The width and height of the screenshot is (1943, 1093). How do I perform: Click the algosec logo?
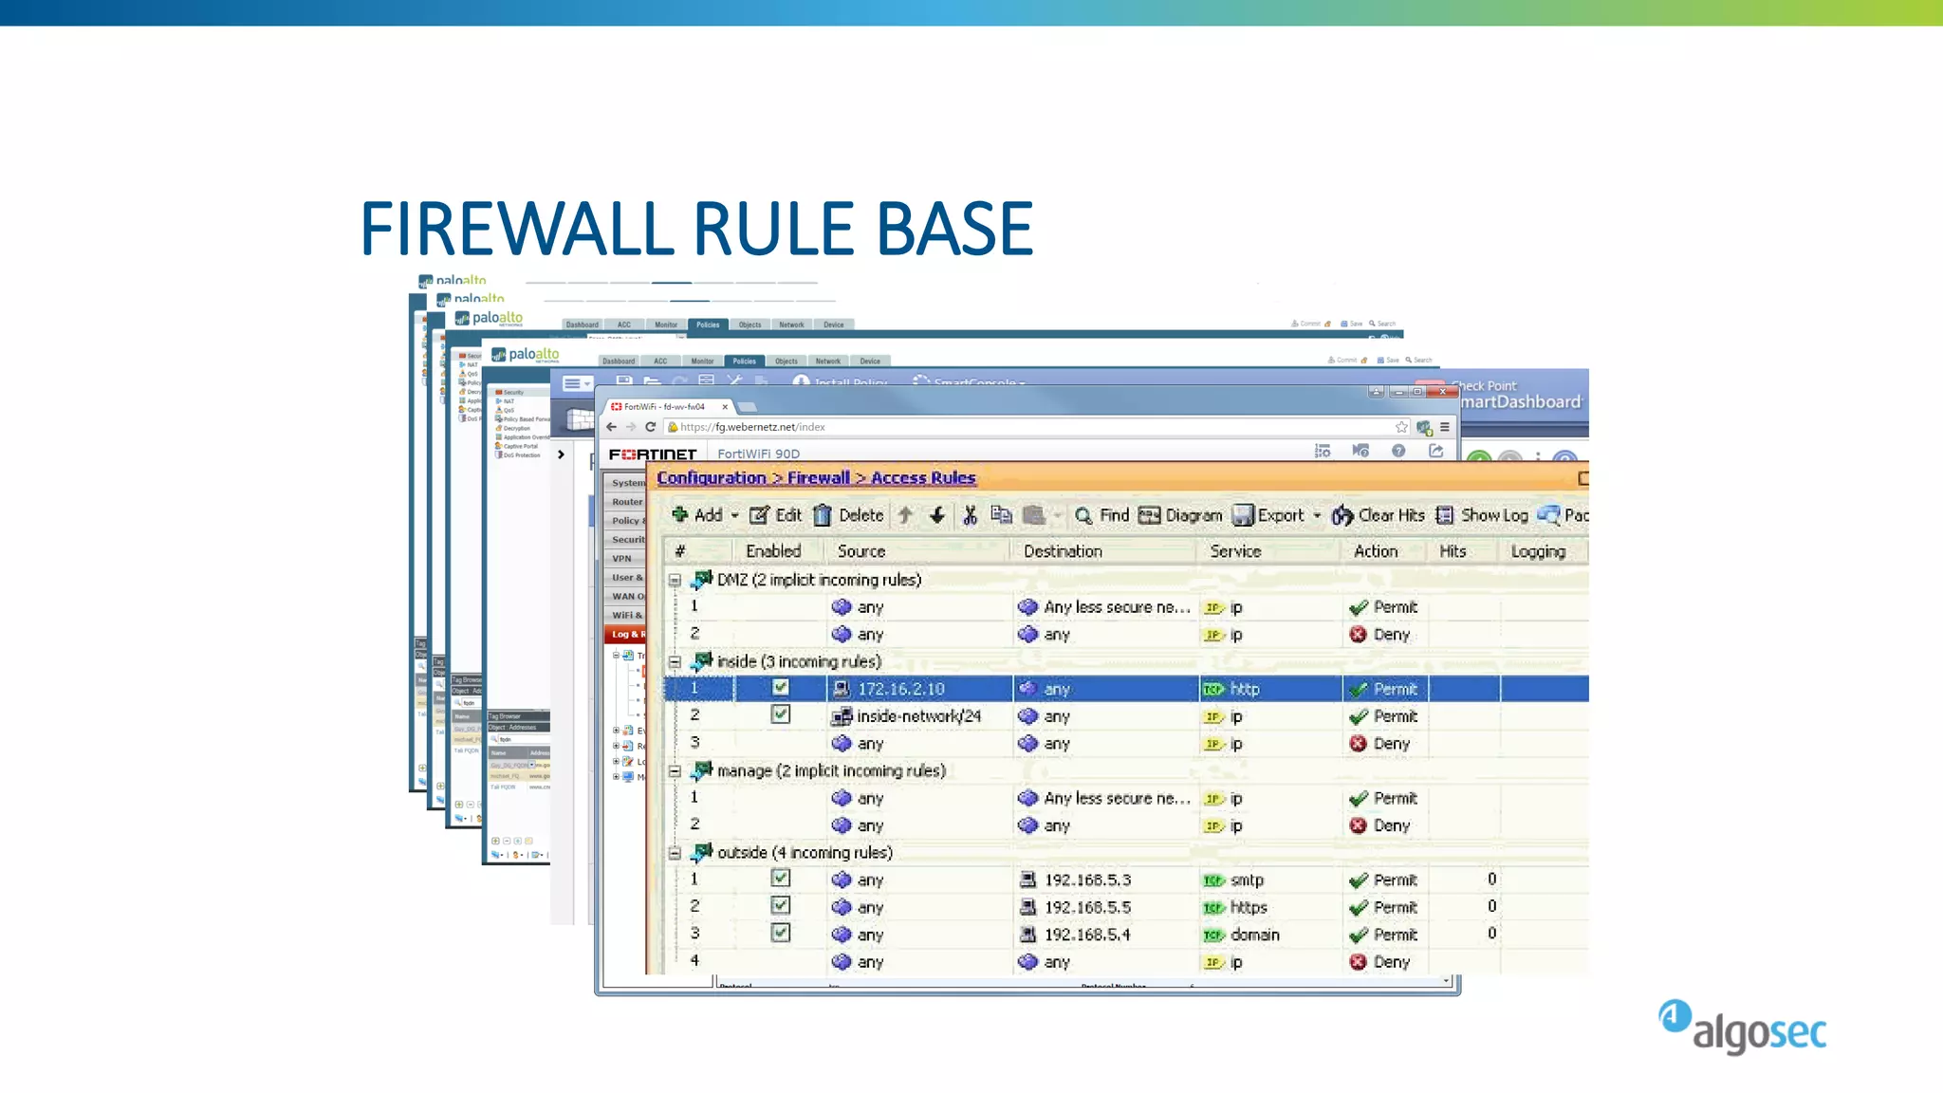pyautogui.click(x=1743, y=1027)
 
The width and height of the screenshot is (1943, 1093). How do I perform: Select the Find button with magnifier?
pyautogui.click(x=1101, y=515)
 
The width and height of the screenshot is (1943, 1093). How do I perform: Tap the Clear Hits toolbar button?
pyautogui.click(x=1379, y=515)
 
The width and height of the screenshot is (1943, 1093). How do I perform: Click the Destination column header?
pyautogui.click(x=1063, y=551)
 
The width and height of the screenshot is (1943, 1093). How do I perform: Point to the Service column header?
pyautogui.click(x=1235, y=551)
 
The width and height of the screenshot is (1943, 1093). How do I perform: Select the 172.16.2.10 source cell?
pyautogui.click(x=900, y=689)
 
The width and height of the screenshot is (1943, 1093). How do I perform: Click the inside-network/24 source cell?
pyautogui.click(x=917, y=716)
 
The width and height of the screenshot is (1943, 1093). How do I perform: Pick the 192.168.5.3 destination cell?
pyautogui.click(x=1087, y=880)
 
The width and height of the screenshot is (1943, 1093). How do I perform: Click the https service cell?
pyautogui.click(x=1248, y=907)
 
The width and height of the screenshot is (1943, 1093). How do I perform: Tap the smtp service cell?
pyautogui.click(x=1246, y=880)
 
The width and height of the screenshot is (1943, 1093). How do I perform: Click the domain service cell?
pyautogui.click(x=1254, y=935)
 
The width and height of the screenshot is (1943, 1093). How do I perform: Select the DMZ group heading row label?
pyautogui.click(x=818, y=580)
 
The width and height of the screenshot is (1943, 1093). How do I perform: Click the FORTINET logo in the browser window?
pyautogui.click(x=653, y=454)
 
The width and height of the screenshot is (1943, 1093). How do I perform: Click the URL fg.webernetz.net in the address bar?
pyautogui.click(x=752, y=427)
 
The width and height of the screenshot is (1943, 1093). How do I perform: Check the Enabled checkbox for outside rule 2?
pyautogui.click(x=780, y=906)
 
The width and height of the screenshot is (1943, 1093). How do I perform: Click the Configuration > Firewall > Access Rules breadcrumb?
pyautogui.click(x=816, y=478)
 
